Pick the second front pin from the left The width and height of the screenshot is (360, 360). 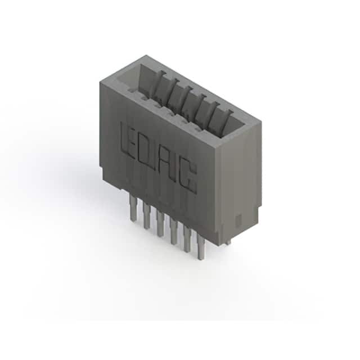point(146,216)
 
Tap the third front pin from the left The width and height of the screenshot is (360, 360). point(160,223)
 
